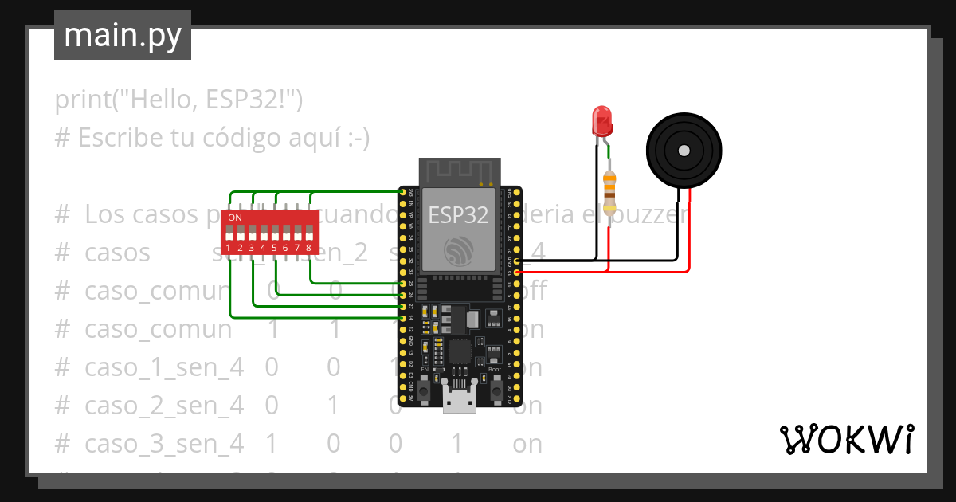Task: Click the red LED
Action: pyautogui.click(x=602, y=121)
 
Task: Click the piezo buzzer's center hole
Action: pyautogui.click(x=684, y=151)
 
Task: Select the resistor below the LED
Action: pyautogui.click(x=610, y=194)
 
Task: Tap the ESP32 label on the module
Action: pyautogui.click(x=458, y=215)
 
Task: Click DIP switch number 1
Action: pyautogui.click(x=229, y=233)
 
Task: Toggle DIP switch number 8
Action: pyautogui.click(x=308, y=233)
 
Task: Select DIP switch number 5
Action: pyautogui.click(x=274, y=233)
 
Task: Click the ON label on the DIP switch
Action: pyautogui.click(x=235, y=218)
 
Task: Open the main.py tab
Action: pyautogui.click(x=123, y=35)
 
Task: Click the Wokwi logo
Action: pyautogui.click(x=846, y=439)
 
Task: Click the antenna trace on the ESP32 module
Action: pyautogui.click(x=459, y=172)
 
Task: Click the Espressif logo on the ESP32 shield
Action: pyautogui.click(x=459, y=252)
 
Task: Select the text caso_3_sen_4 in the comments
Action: pyautogui.click(x=164, y=443)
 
